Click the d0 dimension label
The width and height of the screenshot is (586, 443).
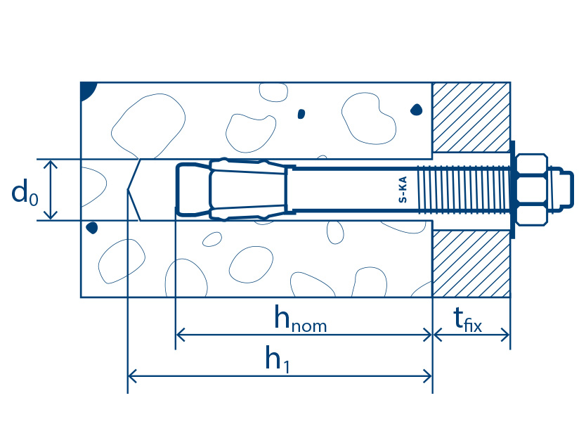pos(25,191)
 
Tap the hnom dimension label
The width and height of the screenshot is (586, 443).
pos(301,319)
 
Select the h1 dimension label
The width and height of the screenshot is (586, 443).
pos(278,359)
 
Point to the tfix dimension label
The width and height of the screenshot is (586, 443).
pos(467,320)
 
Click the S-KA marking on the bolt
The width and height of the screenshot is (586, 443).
pos(403,189)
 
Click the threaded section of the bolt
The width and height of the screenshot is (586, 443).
pos(464,190)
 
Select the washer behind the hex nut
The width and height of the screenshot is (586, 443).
pos(512,190)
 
